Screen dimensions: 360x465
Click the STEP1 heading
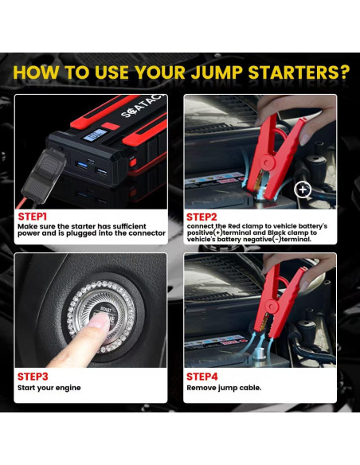point(33,217)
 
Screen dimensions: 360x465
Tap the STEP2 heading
point(202,217)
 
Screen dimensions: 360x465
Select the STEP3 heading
point(33,377)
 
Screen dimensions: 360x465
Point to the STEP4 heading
point(202,377)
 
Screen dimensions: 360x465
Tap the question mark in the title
point(343,72)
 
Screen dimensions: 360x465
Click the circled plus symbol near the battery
point(303,190)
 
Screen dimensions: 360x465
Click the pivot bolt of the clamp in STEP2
point(268,162)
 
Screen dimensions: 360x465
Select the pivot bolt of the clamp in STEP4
point(272,305)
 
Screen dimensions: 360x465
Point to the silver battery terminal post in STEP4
point(259,354)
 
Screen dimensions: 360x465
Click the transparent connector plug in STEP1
point(44,174)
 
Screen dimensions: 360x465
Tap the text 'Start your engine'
point(49,388)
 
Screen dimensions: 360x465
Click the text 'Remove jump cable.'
point(224,388)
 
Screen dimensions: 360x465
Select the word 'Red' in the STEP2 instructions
point(234,226)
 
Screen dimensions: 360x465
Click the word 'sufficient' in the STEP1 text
point(129,226)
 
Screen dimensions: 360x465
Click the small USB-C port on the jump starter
point(91,162)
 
